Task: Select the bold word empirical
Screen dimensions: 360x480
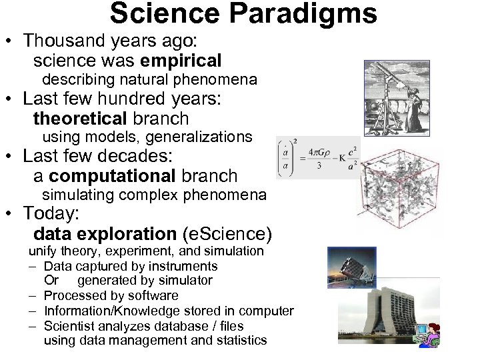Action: tap(181, 61)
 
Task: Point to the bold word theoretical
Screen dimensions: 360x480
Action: tap(80, 119)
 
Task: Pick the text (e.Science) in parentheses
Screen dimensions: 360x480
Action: tap(227, 234)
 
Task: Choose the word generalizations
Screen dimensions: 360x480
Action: tap(199, 137)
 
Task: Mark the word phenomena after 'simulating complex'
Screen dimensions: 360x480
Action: tap(229, 195)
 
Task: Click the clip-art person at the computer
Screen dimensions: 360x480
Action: tap(427, 333)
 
